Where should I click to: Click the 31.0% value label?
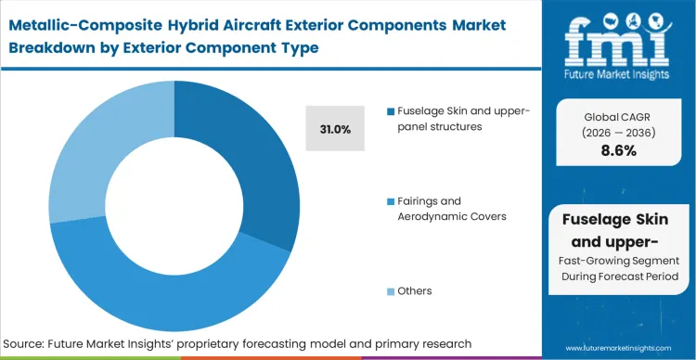[335, 130]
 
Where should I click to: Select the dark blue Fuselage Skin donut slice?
[265, 158]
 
